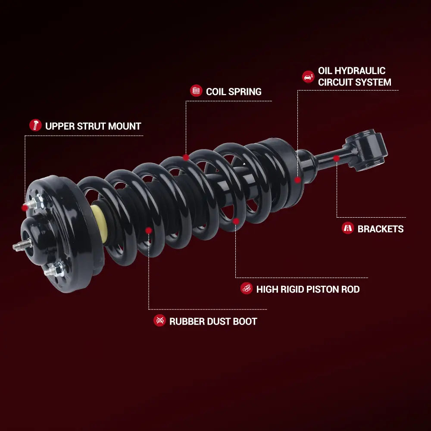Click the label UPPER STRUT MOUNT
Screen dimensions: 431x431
tap(93, 126)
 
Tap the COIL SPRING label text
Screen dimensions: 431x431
tap(234, 91)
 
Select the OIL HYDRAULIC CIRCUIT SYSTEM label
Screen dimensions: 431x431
tap(354, 76)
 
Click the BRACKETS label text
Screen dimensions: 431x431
tap(380, 229)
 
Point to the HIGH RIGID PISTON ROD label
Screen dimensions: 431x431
tap(308, 289)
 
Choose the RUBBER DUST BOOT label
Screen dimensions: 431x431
tap(213, 321)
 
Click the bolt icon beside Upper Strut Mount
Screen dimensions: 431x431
tap(35, 125)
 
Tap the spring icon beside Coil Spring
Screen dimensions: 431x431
tap(196, 91)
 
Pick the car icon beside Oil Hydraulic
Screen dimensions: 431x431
tap(308, 77)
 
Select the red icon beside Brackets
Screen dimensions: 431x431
tap(348, 228)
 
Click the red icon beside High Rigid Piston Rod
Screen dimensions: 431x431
tap(247, 288)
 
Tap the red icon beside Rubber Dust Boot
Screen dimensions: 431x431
tap(159, 320)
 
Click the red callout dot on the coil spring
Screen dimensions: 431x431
tap(186, 157)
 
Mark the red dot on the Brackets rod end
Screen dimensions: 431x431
tap(336, 159)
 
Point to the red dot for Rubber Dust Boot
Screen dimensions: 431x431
tap(148, 231)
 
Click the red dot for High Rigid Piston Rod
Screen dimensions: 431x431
tap(236, 221)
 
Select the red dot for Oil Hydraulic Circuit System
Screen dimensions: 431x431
tap(297, 180)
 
